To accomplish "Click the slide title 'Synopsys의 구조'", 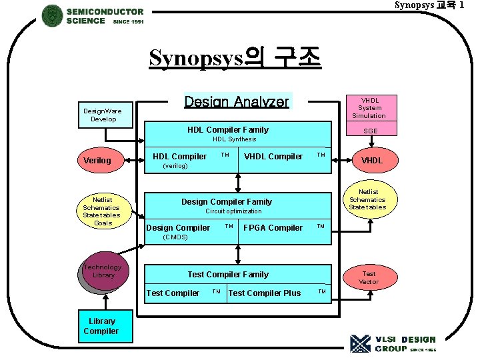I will tap(235, 58).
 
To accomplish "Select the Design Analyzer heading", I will tap(237, 101).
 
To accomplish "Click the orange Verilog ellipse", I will tap(101, 161).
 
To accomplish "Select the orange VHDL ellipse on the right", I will tap(371, 161).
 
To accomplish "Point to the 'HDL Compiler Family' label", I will tap(227, 129).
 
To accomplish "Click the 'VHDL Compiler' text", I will tap(273, 157).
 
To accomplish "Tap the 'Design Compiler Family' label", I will tap(227, 201).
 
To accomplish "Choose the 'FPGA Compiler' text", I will tap(273, 228).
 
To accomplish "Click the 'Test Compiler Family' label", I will tap(228, 274).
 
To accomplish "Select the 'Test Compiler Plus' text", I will tap(265, 293).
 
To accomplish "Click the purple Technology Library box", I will tap(103, 272).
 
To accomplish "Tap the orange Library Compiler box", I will tap(101, 326).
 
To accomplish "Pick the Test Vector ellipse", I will tap(369, 278).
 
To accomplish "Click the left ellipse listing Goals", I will tap(102, 211).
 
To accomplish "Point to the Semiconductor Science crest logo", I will tap(52, 15).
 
